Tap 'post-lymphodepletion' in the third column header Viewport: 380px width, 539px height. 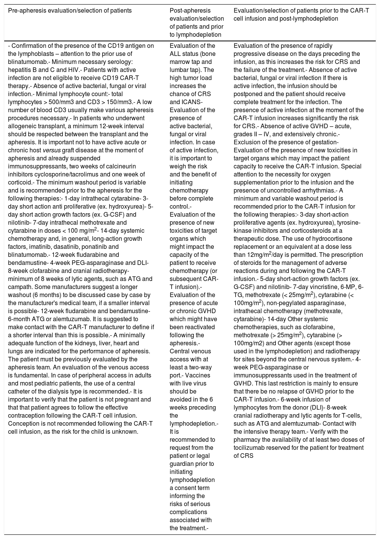(x=311, y=18)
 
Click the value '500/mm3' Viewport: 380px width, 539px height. (x=59, y=102)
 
